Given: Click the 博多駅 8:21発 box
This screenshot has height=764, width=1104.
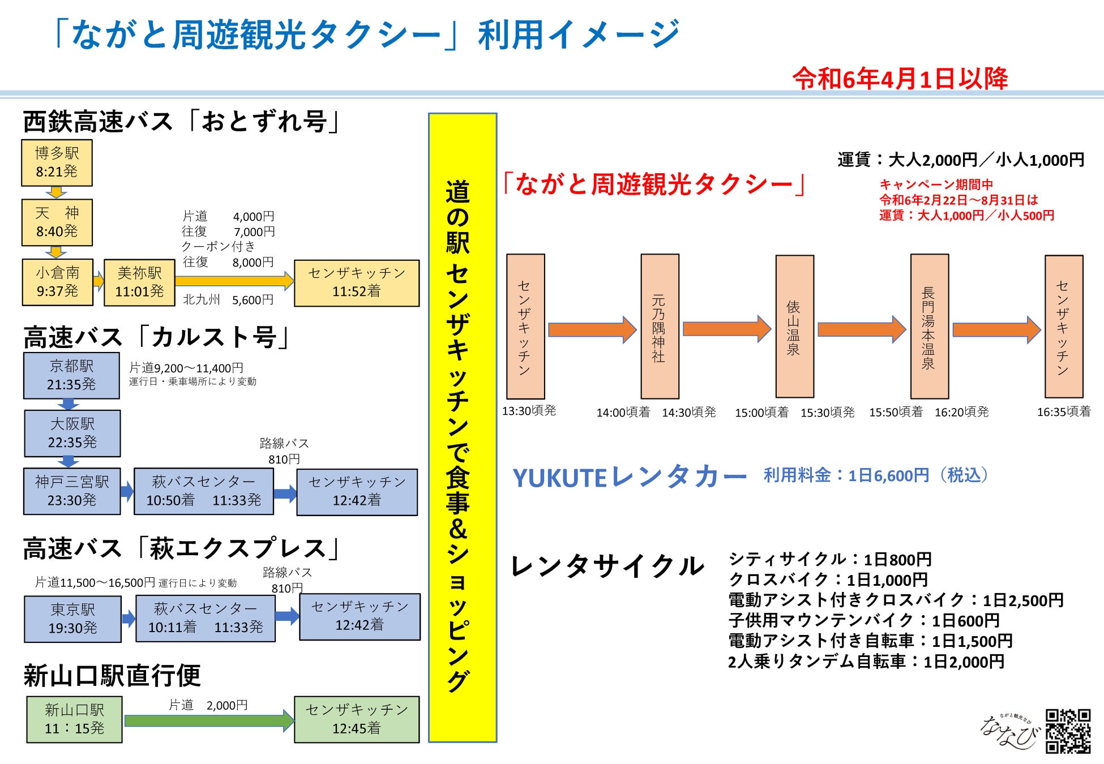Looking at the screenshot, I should click(57, 162).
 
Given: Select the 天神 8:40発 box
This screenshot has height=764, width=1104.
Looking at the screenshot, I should click(57, 222).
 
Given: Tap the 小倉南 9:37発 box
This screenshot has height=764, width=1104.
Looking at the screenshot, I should click(57, 282).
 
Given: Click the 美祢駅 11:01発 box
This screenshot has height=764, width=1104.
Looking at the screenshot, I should click(139, 282).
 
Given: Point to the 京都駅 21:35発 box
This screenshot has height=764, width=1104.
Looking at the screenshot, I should click(71, 375).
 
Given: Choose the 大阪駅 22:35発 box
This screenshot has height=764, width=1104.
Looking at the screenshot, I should click(72, 433).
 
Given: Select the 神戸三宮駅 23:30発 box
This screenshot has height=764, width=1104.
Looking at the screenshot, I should click(72, 491).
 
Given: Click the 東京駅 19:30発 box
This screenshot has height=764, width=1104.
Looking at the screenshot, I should click(73, 619).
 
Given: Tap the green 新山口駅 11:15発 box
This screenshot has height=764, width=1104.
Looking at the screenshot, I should click(74, 719).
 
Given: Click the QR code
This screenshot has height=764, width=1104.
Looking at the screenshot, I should click(1068, 731).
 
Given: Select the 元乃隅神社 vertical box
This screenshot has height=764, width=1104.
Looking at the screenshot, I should click(660, 327).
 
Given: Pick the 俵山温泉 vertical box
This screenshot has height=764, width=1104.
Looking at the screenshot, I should click(794, 327).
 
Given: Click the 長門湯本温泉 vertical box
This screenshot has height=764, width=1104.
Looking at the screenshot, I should click(929, 327).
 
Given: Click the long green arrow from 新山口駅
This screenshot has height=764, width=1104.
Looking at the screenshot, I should click(208, 720).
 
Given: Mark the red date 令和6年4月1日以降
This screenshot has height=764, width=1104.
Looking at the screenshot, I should click(900, 79).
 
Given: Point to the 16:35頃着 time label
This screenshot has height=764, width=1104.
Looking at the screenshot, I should click(1063, 412).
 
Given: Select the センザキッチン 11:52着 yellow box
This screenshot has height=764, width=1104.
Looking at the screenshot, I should click(357, 282).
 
